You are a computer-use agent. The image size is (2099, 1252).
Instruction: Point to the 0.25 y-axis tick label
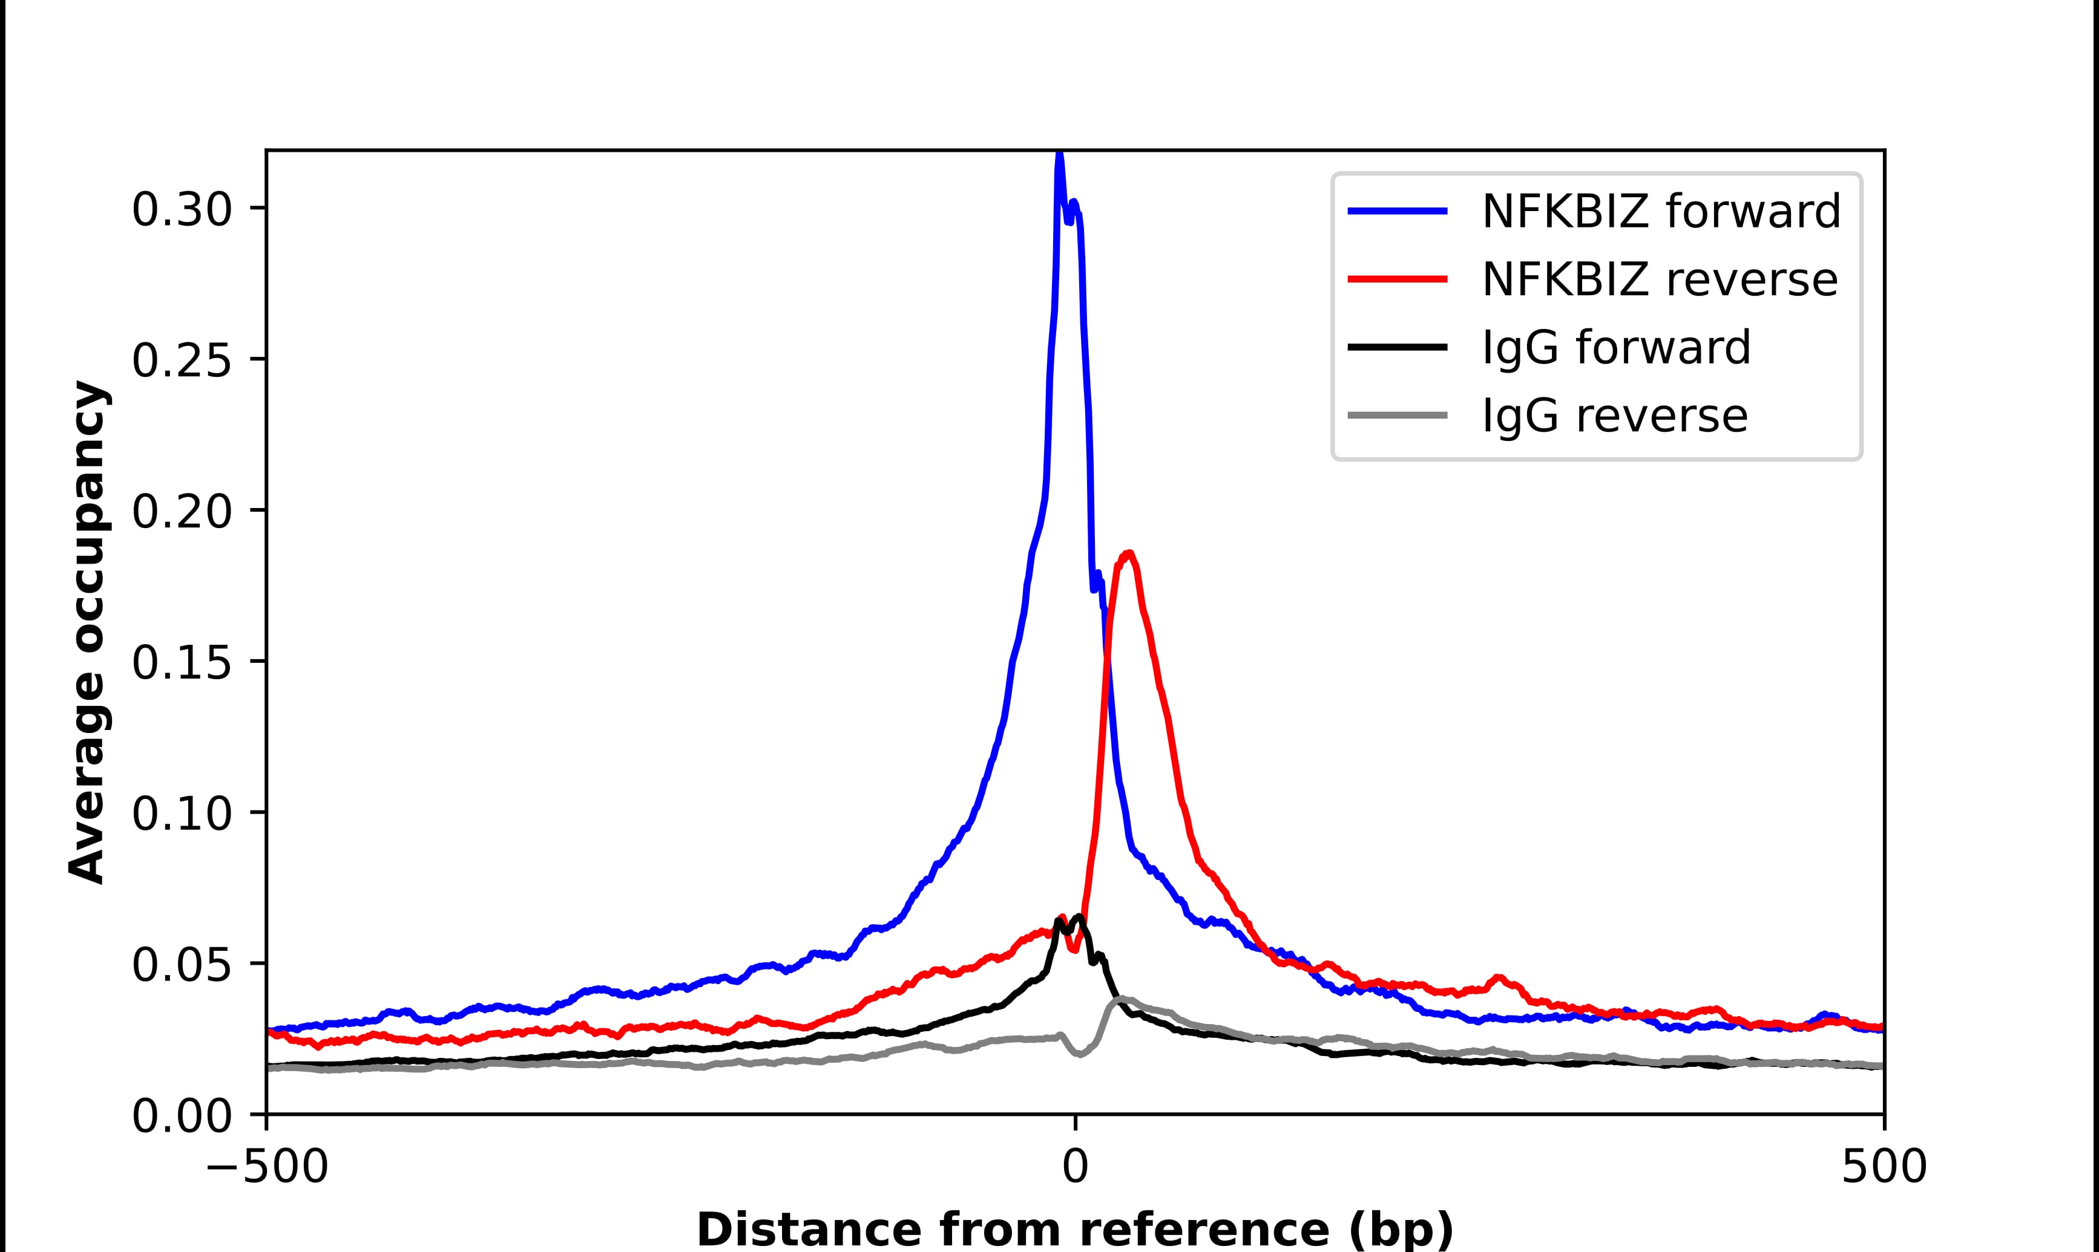(x=182, y=360)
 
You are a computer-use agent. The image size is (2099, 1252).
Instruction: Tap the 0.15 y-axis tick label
(x=182, y=662)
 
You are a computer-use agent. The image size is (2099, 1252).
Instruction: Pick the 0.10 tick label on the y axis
(x=182, y=813)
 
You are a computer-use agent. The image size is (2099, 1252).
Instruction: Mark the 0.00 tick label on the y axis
(x=182, y=1115)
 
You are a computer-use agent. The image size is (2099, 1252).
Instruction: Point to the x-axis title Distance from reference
(x=1074, y=1228)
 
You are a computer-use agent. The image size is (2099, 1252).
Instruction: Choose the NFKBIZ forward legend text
(x=1660, y=211)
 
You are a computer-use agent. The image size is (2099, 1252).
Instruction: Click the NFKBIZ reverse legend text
(x=1659, y=279)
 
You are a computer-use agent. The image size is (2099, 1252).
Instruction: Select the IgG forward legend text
(x=1615, y=348)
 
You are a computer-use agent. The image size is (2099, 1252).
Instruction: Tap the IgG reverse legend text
(x=1614, y=416)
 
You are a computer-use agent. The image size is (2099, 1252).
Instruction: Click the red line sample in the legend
(x=1397, y=279)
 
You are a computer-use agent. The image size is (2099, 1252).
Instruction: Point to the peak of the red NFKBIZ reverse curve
(x=1128, y=553)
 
